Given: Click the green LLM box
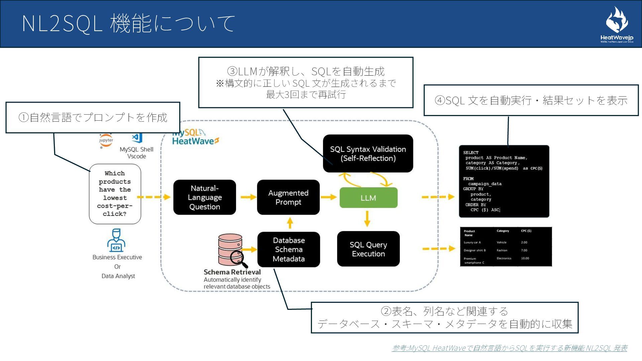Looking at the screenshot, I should tap(368, 198).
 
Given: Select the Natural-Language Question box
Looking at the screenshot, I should tap(205, 198).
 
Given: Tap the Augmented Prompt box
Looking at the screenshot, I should tap(288, 198).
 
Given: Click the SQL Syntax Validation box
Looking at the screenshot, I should tap(368, 154).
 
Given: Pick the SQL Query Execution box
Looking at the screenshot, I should tap(368, 249).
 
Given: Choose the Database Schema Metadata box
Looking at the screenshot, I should tap(289, 249).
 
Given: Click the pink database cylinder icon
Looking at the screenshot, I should tap(230, 249).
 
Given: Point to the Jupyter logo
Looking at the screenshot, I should tap(106, 140).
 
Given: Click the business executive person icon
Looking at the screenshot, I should tap(116, 240).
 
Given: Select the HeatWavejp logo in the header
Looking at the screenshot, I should tap(617, 25).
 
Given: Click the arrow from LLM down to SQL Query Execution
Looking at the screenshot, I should tap(367, 219).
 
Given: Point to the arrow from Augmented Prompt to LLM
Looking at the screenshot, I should tap(328, 197).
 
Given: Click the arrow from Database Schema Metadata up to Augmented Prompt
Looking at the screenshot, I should tap(290, 223).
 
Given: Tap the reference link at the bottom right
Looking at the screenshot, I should tap(509, 348).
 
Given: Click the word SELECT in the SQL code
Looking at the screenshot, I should tap(470, 152).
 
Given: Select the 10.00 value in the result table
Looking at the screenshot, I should tap(525, 258).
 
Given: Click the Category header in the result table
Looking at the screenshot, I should tap(503, 231).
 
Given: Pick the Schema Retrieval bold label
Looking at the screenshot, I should tap(232, 272).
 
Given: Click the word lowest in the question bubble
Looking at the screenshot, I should tap(115, 198).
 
